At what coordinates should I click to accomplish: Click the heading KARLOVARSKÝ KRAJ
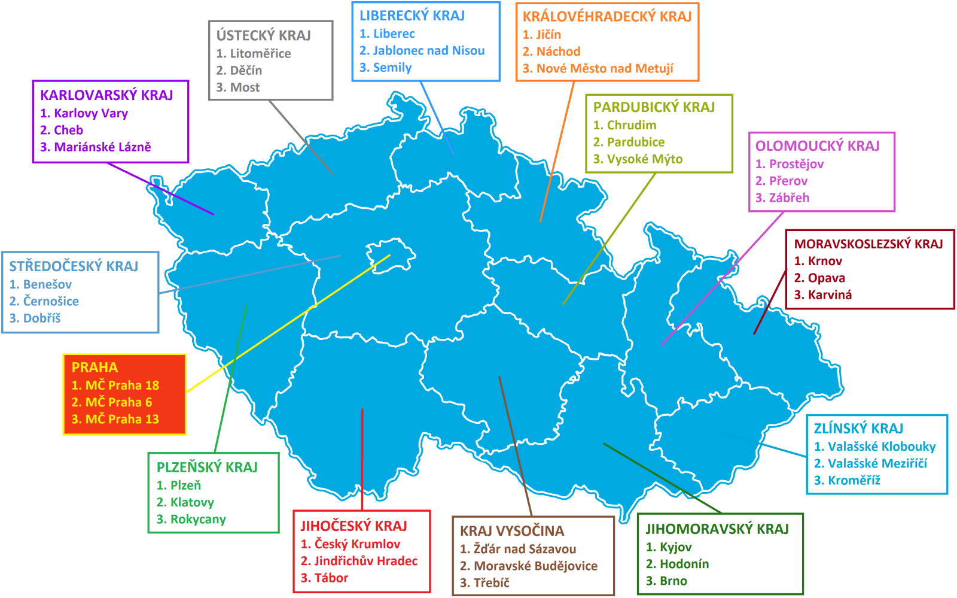coord(106,95)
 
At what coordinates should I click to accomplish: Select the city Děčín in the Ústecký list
coord(246,71)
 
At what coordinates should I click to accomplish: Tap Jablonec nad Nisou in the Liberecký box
coord(428,51)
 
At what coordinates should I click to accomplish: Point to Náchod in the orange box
coord(558,51)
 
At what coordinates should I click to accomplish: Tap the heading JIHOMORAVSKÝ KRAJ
coord(717,529)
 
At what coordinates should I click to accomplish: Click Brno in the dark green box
coord(673,581)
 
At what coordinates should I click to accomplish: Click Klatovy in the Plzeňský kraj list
coord(191,502)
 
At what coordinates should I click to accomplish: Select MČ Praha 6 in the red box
coord(118,402)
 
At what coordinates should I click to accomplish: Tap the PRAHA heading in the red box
coord(95,368)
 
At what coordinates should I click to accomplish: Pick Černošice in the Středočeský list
coord(50,301)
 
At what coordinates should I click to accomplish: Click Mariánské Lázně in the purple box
coord(102,147)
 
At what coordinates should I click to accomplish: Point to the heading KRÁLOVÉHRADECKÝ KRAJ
coord(607,17)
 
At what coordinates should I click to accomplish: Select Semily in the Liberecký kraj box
coord(392,68)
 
